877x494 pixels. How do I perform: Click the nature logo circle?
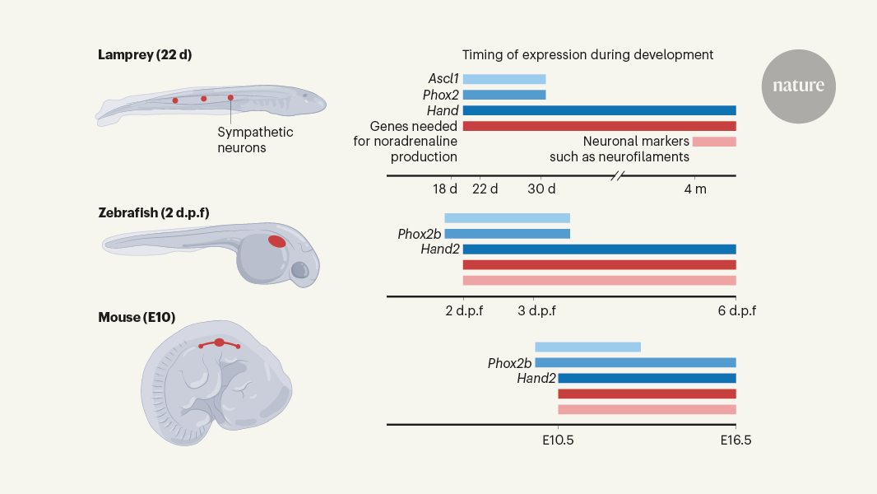coord(798,86)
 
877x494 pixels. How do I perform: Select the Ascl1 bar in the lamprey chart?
coord(503,79)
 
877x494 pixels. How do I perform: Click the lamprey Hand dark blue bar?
coord(599,110)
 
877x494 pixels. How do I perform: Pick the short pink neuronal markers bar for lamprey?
coord(713,142)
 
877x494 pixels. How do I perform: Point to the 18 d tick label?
coord(444,189)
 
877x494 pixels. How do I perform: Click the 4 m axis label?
coord(694,189)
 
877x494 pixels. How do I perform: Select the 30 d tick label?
coord(541,189)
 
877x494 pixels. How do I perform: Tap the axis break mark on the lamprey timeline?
coord(619,175)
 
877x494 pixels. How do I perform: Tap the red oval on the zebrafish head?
coord(277,241)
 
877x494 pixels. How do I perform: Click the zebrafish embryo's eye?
coord(300,269)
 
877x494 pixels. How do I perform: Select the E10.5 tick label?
coord(559,440)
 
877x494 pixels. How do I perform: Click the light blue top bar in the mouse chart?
coord(587,347)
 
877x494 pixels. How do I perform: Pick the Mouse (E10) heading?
coord(137,317)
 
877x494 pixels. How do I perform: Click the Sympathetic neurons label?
coord(255,140)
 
